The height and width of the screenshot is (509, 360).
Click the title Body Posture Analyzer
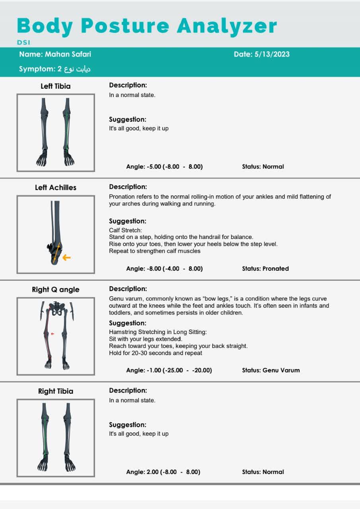pyautogui.click(x=147, y=26)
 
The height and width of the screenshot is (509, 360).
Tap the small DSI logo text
pyautogui.click(x=23, y=43)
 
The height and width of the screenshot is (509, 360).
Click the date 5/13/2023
pyautogui.click(x=272, y=54)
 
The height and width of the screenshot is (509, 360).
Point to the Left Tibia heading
pyautogui.click(x=56, y=86)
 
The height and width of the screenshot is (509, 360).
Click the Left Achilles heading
pyautogui.click(x=56, y=188)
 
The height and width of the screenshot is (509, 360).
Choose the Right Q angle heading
pyautogui.click(x=56, y=289)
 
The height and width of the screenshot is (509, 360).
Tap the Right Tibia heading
pyautogui.click(x=56, y=391)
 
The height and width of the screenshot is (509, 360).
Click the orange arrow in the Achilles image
pyautogui.click(x=66, y=258)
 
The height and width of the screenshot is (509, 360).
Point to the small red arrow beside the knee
pyautogui.click(x=53, y=334)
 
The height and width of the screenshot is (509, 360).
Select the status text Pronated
pyautogui.click(x=276, y=268)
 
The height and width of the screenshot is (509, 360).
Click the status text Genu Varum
pyautogui.click(x=281, y=370)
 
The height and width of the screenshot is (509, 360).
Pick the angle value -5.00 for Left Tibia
pyautogui.click(x=154, y=167)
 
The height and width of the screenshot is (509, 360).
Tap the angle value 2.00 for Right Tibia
pyautogui.click(x=152, y=472)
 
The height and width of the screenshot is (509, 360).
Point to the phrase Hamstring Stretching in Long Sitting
pyautogui.click(x=158, y=332)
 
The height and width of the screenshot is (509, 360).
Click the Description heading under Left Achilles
pyautogui.click(x=128, y=187)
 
